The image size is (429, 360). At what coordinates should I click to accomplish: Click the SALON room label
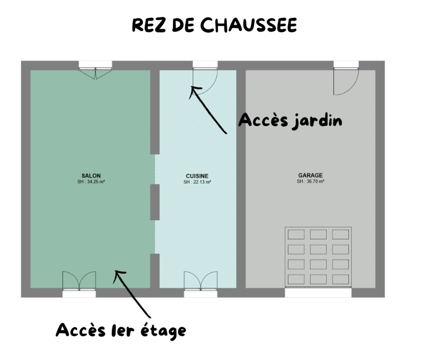click(91, 176)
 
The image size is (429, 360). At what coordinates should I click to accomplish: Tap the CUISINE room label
click(197, 176)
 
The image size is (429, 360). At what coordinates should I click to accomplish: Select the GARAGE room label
click(310, 175)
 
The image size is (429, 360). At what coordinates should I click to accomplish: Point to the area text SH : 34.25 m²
click(91, 182)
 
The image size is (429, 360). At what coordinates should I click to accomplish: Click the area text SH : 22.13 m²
click(197, 182)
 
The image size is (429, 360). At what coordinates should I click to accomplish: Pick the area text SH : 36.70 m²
click(310, 181)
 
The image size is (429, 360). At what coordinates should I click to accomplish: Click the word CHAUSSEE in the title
click(248, 25)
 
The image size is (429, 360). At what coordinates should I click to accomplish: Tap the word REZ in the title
click(149, 25)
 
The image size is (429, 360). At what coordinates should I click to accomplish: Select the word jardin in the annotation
click(317, 121)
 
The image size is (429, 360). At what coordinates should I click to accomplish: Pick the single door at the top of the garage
click(346, 82)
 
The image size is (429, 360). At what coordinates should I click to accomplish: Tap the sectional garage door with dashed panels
click(318, 257)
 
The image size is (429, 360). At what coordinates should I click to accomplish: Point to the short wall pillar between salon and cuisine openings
click(155, 202)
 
